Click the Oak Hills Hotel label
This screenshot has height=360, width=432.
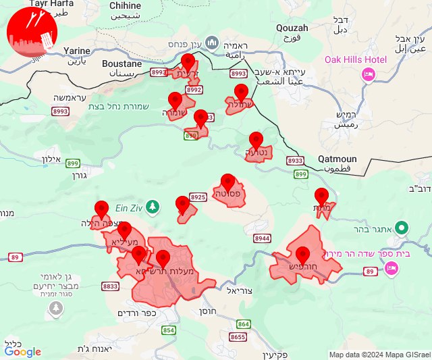click(x=356, y=59)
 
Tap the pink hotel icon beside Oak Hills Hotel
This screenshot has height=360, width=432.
click(x=369, y=74)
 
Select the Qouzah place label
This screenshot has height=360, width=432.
click(x=292, y=28)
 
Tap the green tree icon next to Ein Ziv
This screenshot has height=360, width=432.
click(x=153, y=205)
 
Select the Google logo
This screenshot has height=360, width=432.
click(x=23, y=351)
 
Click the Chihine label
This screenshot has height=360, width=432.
click(x=125, y=5)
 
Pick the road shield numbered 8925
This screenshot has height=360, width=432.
click(x=198, y=197)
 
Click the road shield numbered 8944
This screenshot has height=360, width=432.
click(x=263, y=238)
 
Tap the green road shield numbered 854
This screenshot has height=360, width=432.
click(x=168, y=330)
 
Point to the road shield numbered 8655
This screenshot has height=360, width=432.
click(x=238, y=337)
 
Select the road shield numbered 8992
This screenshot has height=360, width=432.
click(x=194, y=89)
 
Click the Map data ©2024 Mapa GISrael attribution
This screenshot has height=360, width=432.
click(x=379, y=355)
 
